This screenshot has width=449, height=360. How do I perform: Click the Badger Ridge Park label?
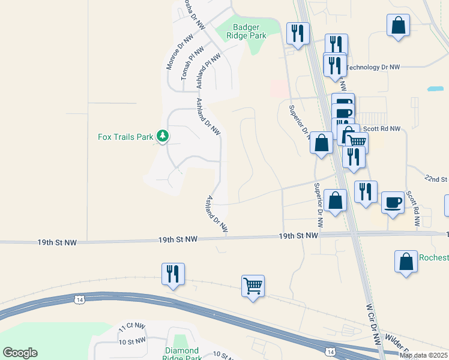pos(249,31)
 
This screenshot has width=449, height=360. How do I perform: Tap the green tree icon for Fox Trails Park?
pos(162,136)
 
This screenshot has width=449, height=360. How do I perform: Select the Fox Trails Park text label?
pos(125,137)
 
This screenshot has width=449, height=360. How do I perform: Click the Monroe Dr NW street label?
pos(172,50)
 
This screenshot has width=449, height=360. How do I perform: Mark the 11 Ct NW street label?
pos(131,328)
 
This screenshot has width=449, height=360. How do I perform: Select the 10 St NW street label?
pos(133,341)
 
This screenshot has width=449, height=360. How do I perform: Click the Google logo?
pos(20,353)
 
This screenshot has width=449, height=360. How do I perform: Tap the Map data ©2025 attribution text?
pos(423,355)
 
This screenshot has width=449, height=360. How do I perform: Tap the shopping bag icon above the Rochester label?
pos(406,261)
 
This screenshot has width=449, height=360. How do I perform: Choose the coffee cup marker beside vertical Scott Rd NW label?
pos(393,202)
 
